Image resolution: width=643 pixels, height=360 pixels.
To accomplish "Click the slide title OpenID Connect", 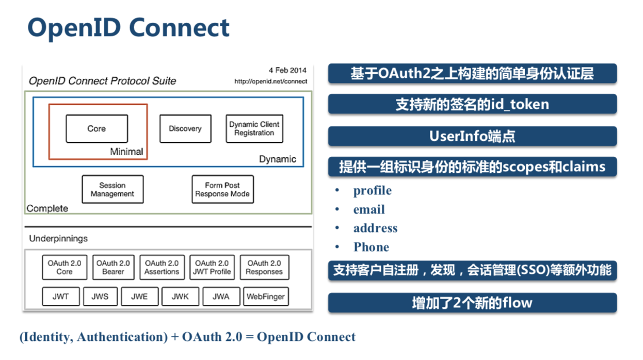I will coord(128,27).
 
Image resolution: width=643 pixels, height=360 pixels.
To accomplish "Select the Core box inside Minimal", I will coord(97,128).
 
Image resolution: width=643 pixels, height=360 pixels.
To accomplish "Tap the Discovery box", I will coord(185,128).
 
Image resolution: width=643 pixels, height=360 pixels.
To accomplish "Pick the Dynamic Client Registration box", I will coord(254,128).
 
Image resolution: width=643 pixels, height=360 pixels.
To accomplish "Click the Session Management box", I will coord(112,189).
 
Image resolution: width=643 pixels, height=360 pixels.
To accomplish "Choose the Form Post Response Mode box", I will coord(222,189).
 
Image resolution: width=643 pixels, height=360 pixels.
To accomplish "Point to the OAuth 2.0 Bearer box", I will coord(113,267).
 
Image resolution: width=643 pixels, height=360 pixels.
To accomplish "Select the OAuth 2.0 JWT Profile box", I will coord(212,267).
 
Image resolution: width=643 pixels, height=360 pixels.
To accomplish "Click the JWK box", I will coord(180,297).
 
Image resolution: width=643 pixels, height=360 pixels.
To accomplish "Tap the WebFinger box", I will coord(265,297).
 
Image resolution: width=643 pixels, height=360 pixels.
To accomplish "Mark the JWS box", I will coord(100,297).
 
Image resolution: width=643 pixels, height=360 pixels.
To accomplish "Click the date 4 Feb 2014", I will coord(287,70).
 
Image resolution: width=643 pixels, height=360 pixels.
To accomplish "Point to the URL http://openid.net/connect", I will coord(270,81).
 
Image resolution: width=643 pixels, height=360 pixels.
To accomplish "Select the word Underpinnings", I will coord(58,238).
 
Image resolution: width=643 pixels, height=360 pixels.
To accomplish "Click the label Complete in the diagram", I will coord(47,208).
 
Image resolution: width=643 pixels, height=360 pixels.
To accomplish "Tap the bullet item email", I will coord(369,209).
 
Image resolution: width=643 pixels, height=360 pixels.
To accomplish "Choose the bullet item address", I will coord(375,228).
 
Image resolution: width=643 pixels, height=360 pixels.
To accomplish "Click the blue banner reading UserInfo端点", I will coord(472,136).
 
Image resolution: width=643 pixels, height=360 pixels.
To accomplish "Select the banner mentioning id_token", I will coord(472,104).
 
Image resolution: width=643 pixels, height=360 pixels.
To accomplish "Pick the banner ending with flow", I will coord(472,302).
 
